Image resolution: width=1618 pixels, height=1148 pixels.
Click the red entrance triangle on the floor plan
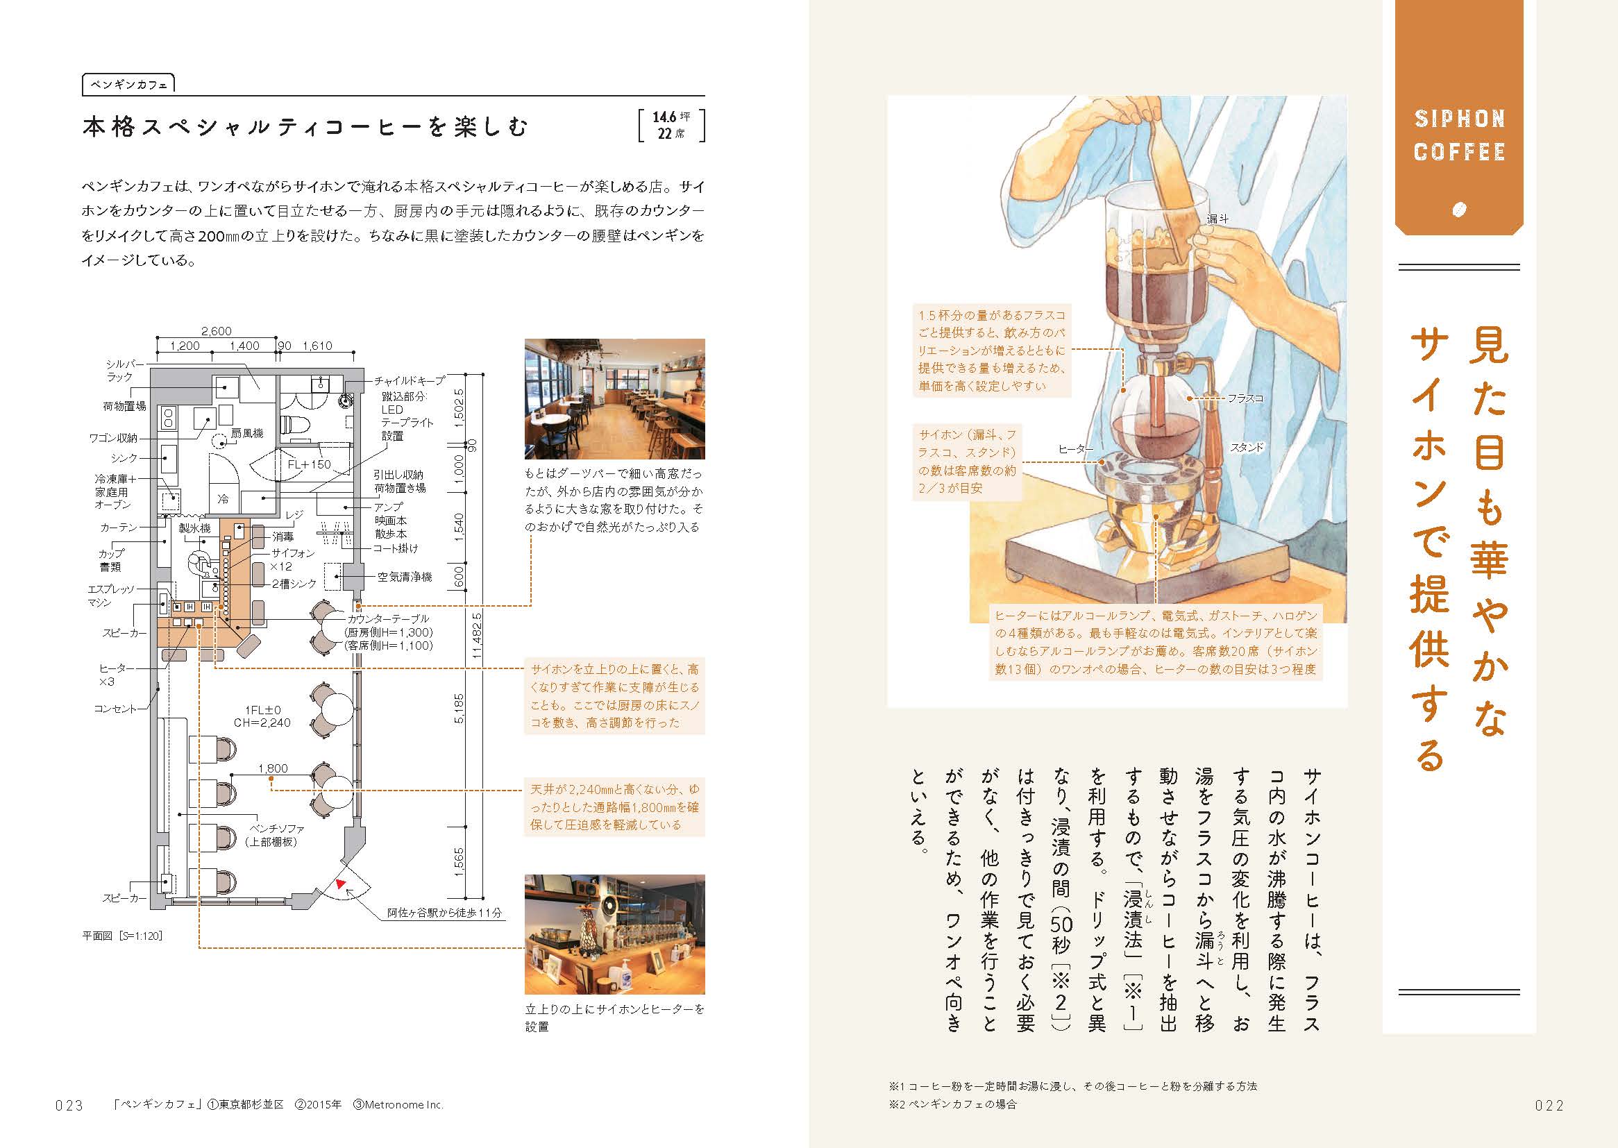(342, 884)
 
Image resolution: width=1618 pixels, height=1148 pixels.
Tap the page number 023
(69, 1106)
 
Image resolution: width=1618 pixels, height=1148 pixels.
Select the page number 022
(1549, 1106)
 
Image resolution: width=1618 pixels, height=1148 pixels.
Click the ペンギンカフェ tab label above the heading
(128, 85)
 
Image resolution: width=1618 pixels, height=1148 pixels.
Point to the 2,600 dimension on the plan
(216, 331)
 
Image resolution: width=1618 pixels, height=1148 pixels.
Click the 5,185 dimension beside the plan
(459, 709)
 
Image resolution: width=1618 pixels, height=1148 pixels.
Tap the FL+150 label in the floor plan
(309, 464)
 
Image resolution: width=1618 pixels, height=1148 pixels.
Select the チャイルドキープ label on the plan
(410, 380)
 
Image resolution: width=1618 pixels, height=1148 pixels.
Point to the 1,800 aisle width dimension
(273, 768)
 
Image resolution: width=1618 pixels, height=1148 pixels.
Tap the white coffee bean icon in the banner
(1458, 209)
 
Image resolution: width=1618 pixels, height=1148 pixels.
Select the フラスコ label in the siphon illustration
(1245, 398)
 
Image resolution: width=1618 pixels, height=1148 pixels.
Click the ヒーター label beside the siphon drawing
(1075, 449)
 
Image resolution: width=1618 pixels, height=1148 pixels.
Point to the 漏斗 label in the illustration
(1217, 219)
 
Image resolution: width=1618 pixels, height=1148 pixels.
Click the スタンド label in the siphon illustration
(1246, 448)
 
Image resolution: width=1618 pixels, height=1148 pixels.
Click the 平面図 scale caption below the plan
(122, 936)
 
